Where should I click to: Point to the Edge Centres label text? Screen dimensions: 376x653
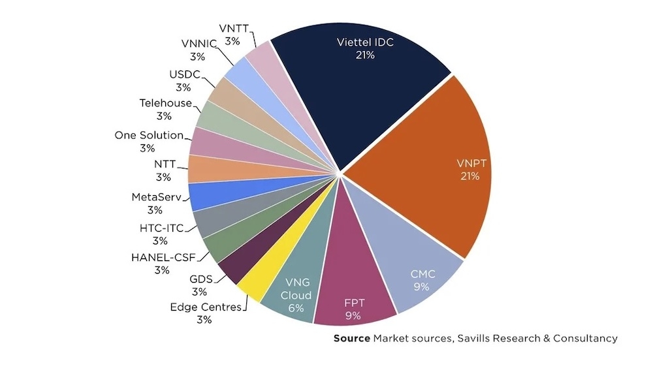tap(205, 307)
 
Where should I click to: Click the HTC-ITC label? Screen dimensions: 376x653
tap(161, 228)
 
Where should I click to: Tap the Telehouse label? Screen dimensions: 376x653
tap(165, 103)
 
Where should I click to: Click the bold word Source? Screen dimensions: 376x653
tap(351, 338)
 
